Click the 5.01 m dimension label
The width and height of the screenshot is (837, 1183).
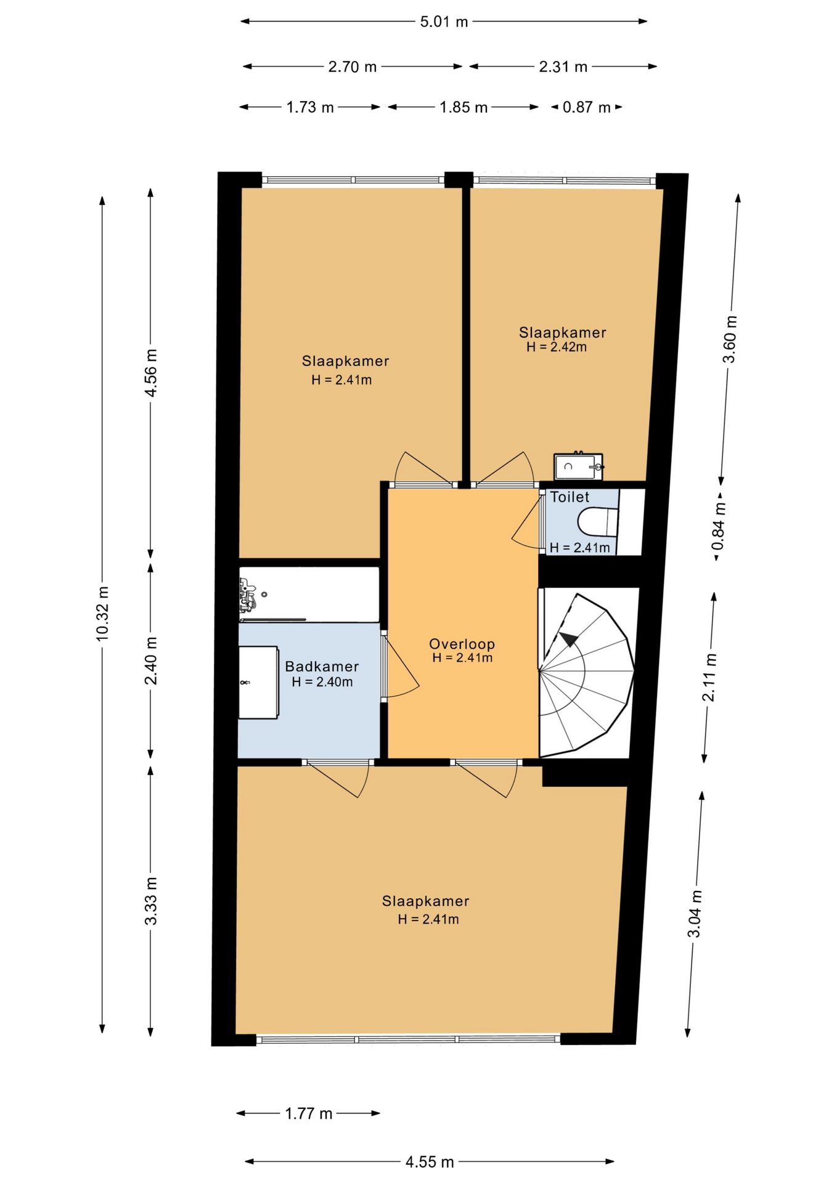[444, 22]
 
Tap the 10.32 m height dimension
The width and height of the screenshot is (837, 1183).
[103, 614]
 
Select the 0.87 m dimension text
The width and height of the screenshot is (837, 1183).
[586, 108]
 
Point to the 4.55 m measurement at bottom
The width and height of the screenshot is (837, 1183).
[430, 1162]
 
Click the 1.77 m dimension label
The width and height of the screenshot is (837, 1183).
[308, 1113]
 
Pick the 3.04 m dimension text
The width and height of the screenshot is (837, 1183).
[695, 914]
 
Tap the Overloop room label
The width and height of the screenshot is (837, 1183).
[462, 644]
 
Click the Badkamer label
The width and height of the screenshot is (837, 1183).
[322, 666]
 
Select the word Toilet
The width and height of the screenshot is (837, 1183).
[570, 497]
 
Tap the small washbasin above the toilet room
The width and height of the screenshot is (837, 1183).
[578, 466]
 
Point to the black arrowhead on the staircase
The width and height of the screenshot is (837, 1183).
[569, 640]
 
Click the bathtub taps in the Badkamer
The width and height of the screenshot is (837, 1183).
[247, 595]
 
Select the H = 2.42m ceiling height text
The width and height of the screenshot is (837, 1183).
[557, 347]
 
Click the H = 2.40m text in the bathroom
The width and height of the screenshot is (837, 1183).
[322, 682]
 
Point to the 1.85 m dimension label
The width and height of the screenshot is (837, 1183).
[463, 108]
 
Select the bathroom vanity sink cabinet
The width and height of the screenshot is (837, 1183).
[258, 682]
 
